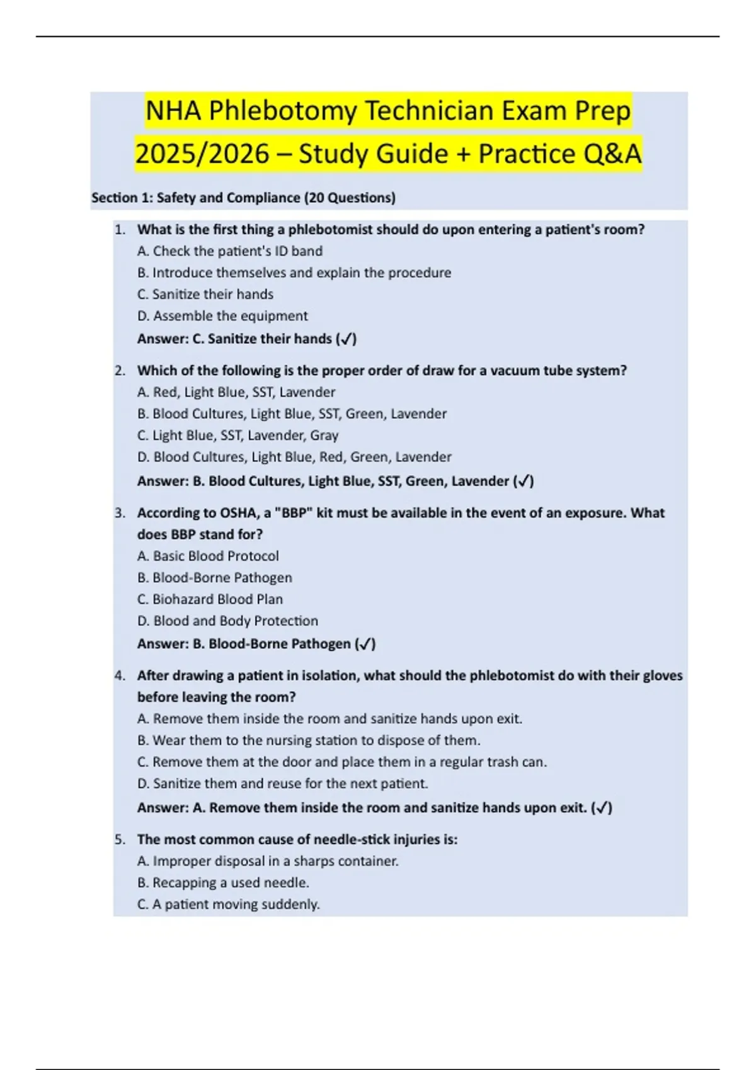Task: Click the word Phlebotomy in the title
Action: click(283, 111)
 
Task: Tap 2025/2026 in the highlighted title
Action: click(202, 154)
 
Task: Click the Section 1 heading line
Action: click(243, 198)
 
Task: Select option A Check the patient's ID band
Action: click(230, 251)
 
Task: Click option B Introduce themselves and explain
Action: click(294, 273)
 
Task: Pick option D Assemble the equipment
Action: click(222, 316)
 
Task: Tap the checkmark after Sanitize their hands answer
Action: click(346, 339)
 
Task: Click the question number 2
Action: click(120, 371)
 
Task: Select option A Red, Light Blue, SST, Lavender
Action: click(236, 392)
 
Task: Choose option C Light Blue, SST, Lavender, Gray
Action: click(238, 436)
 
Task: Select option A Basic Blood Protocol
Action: click(208, 556)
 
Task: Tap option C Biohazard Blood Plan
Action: click(210, 599)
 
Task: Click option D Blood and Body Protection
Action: click(227, 621)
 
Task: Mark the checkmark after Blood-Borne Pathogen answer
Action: click(365, 645)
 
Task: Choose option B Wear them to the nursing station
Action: click(309, 741)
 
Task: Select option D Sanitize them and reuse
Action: click(283, 784)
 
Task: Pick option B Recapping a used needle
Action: click(223, 883)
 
